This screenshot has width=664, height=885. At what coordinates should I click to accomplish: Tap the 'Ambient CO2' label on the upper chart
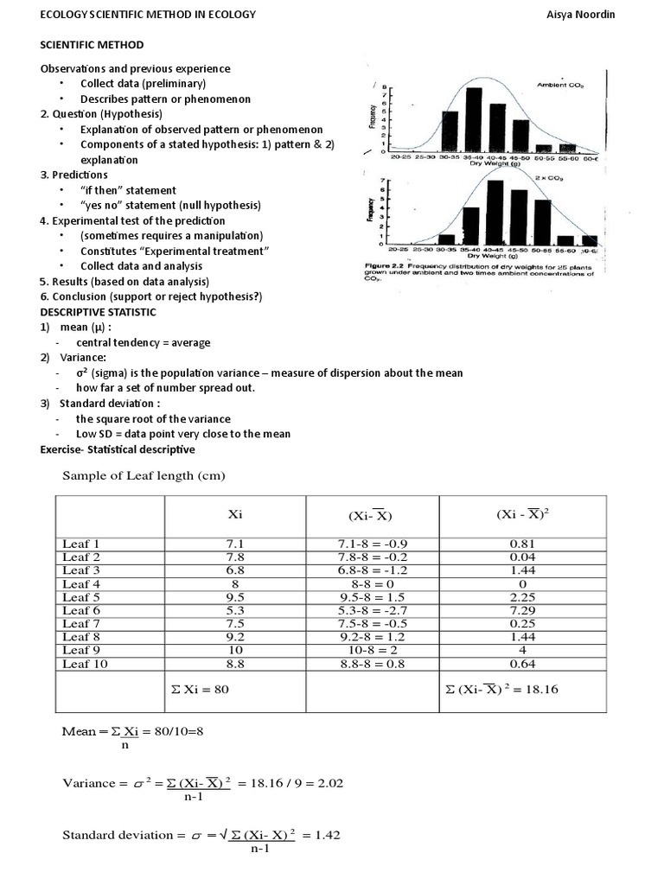pos(564,85)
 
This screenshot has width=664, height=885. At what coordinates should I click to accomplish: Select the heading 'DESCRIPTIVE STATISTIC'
pos(99,311)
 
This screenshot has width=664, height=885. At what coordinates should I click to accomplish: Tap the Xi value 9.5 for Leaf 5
pos(235,596)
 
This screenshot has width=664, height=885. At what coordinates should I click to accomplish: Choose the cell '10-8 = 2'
pos(365,650)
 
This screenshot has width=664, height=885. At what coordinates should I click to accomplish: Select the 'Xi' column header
pos(235,513)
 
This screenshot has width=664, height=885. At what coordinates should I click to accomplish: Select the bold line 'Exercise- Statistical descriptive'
pos(118,449)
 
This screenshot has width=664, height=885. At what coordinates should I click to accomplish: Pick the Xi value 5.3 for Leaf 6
pos(235,610)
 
